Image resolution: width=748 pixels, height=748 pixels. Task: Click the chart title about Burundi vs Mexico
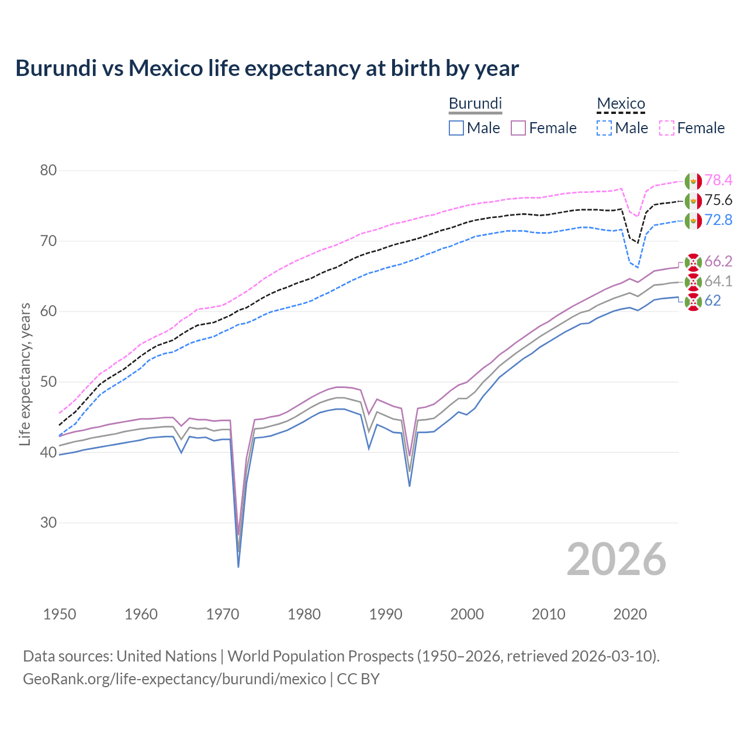click(x=267, y=68)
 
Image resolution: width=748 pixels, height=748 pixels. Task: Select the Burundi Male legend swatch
click(x=456, y=128)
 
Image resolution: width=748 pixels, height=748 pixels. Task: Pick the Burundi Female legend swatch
click(x=518, y=128)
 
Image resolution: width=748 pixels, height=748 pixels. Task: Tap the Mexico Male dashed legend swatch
click(x=604, y=128)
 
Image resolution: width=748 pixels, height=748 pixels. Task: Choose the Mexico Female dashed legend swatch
click(x=667, y=128)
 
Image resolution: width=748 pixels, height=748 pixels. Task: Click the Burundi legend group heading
click(x=475, y=103)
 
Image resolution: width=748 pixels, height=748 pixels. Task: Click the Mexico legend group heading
click(x=621, y=103)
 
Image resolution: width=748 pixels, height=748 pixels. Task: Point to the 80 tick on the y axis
click(x=49, y=171)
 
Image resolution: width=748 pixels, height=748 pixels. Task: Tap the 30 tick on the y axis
click(x=49, y=522)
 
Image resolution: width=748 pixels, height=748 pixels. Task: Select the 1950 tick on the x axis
click(x=60, y=614)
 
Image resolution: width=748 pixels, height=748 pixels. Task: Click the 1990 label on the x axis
click(x=386, y=614)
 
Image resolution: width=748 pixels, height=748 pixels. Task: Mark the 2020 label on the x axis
click(x=630, y=614)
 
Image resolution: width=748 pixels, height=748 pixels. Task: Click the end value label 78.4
click(x=718, y=181)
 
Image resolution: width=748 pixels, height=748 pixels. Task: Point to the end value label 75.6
click(x=718, y=200)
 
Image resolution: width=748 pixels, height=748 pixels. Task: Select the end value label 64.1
click(x=718, y=282)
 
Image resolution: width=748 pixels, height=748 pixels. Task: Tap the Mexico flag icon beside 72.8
click(x=693, y=221)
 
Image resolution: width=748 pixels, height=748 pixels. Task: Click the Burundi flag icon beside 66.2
click(x=693, y=262)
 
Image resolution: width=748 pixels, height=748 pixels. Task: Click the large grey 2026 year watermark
click(x=617, y=559)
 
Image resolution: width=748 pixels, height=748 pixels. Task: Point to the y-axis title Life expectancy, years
click(x=25, y=374)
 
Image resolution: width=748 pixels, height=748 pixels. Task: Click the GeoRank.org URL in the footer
click(x=174, y=679)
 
